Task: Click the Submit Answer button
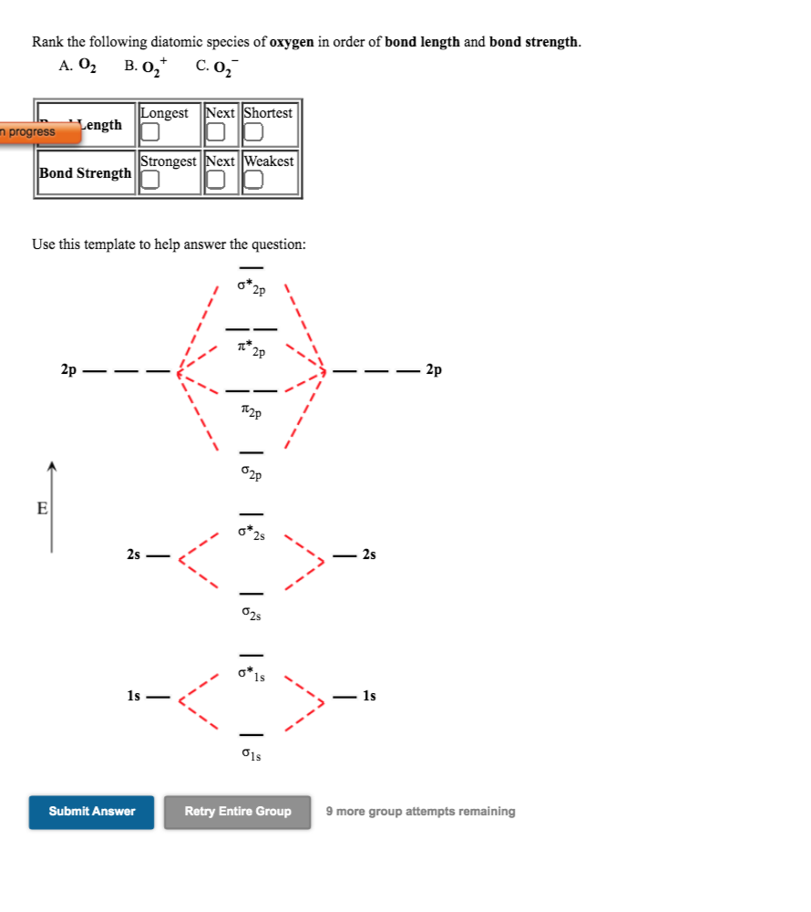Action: tap(92, 812)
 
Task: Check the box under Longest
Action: tap(150, 133)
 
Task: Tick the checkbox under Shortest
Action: tap(253, 133)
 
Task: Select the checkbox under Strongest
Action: tap(150, 181)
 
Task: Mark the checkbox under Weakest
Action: tap(253, 181)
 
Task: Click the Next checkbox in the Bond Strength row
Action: tap(215, 181)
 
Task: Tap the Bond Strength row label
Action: tap(86, 173)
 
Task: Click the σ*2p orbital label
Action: tap(252, 288)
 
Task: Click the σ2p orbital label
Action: tap(252, 473)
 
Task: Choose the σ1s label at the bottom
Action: tap(252, 755)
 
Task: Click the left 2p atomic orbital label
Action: tap(68, 370)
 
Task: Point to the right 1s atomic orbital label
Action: tap(369, 696)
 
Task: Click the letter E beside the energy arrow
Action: tap(42, 509)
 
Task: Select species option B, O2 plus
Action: tap(146, 66)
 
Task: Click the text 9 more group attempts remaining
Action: tap(420, 812)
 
